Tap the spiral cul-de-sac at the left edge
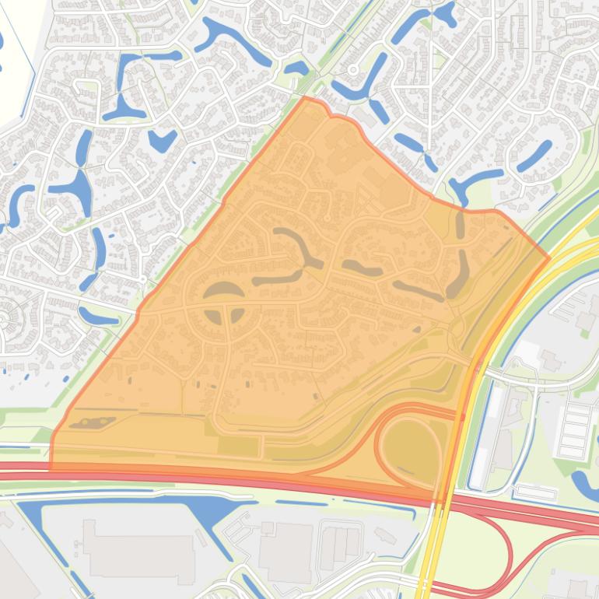point(8,319)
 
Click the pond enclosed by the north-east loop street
point(535,156)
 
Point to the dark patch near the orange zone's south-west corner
point(92,423)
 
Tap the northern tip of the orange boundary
point(305,99)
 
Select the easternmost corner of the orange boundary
point(549,257)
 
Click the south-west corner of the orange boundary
point(51,469)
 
